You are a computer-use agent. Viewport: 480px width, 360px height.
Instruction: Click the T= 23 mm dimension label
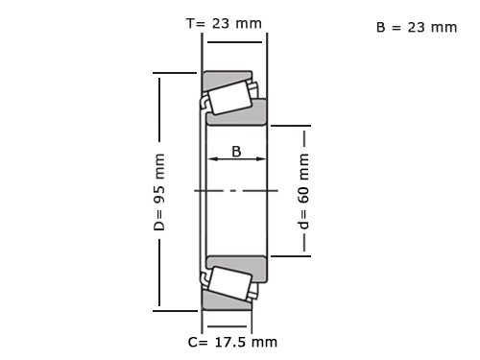[224, 24]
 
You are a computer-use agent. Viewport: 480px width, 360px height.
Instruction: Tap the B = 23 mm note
[417, 28]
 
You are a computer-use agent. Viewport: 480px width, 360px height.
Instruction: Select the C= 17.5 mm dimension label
[232, 342]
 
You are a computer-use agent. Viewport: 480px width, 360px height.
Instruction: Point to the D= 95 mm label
[159, 192]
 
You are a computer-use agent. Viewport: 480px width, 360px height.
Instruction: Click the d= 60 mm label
[303, 191]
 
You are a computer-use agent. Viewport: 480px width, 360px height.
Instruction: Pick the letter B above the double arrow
[236, 152]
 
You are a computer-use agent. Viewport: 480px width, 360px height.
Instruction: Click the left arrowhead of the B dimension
[212, 158]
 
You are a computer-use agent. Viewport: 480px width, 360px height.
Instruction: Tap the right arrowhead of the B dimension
[261, 158]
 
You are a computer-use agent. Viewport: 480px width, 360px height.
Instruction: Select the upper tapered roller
[229, 98]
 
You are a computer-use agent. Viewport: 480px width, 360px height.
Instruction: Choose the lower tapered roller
[229, 283]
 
